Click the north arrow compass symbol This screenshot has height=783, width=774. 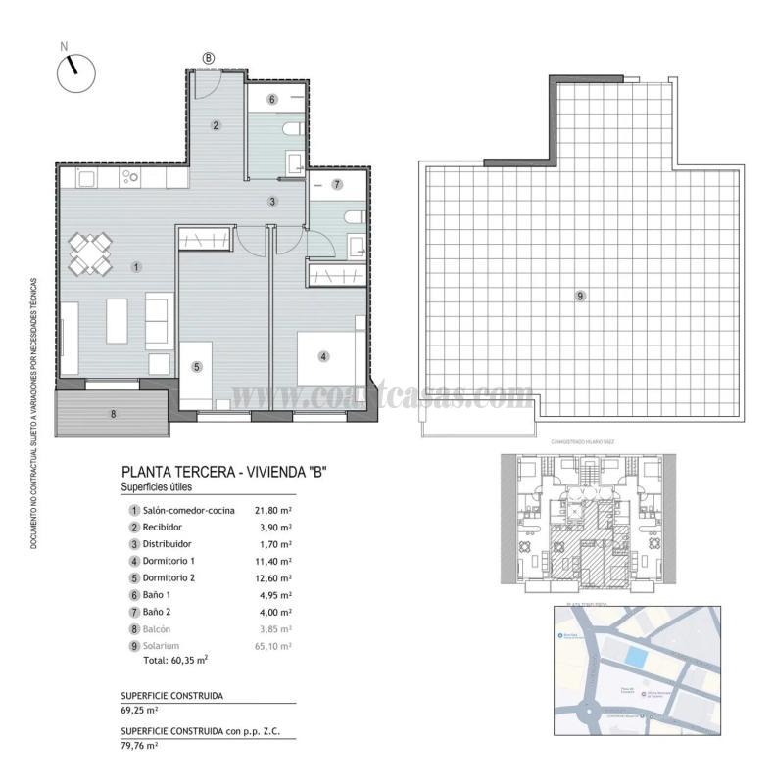[x=75, y=72]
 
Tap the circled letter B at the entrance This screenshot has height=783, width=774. [x=208, y=58]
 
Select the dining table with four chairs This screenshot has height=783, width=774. [x=89, y=253]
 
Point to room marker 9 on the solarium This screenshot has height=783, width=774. [x=580, y=295]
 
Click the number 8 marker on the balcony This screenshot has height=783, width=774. [x=114, y=414]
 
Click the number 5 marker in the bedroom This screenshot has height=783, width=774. [x=197, y=367]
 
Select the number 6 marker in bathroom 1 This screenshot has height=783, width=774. [x=272, y=99]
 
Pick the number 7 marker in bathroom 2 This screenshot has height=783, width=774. [x=336, y=184]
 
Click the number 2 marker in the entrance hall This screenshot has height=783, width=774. [x=216, y=124]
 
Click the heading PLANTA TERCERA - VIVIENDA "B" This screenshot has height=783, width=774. [x=222, y=472]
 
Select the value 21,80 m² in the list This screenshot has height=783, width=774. [x=273, y=510]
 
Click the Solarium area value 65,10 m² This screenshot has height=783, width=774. [x=273, y=646]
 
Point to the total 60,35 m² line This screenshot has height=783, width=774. [x=175, y=661]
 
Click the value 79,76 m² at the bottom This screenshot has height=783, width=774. [x=140, y=745]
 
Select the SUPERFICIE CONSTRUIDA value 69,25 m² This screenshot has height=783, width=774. [x=140, y=710]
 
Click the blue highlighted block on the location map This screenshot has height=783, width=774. [x=637, y=660]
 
